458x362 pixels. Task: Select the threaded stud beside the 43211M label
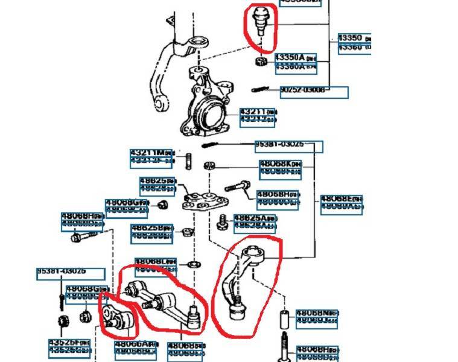(x=188, y=161)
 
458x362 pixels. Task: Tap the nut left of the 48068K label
(x=209, y=164)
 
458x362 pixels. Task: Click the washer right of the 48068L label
(x=193, y=264)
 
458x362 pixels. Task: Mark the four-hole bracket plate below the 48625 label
(x=203, y=201)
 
